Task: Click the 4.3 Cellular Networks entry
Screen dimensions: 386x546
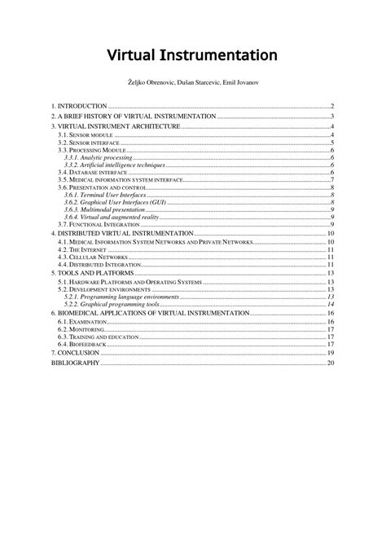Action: click(x=87, y=257)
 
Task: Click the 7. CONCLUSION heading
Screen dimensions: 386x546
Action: click(x=75, y=353)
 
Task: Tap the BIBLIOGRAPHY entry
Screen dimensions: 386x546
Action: click(x=76, y=363)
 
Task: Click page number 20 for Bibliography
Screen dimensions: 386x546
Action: click(x=331, y=363)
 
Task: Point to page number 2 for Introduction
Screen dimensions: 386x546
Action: click(x=333, y=107)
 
